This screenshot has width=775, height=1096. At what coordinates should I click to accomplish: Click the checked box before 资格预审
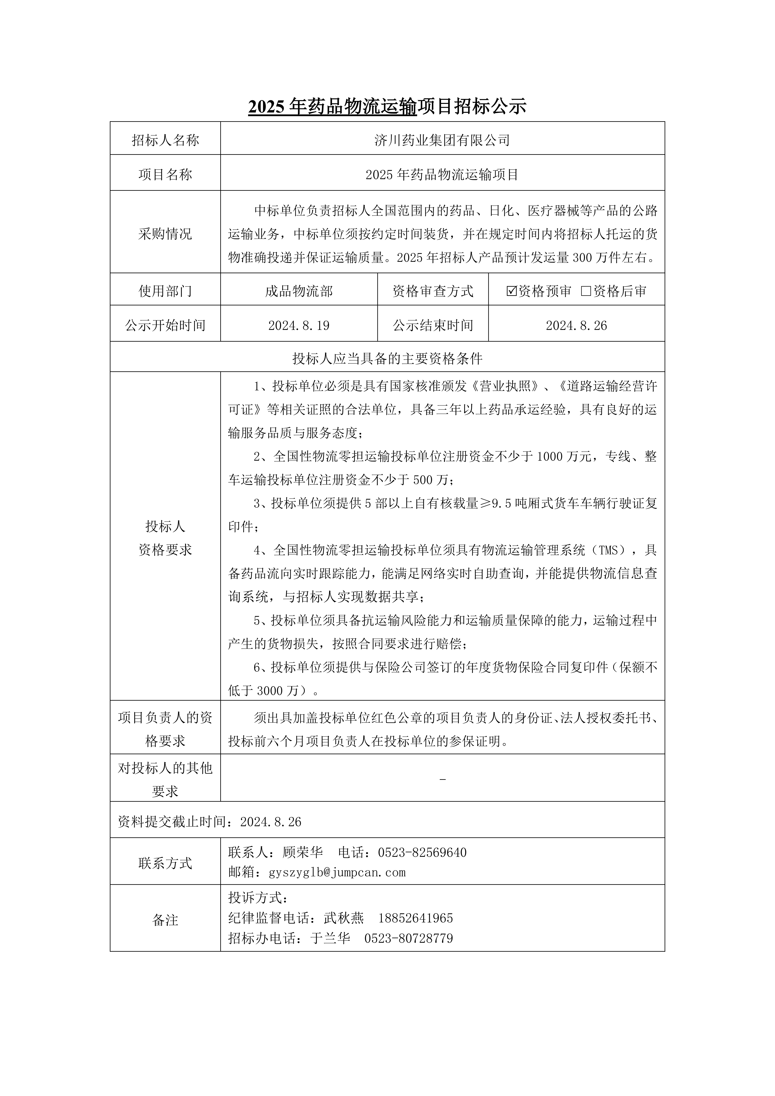tap(511, 291)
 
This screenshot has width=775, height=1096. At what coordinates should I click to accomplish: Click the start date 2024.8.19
tap(299, 326)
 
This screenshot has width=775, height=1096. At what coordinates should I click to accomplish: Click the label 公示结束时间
tap(433, 326)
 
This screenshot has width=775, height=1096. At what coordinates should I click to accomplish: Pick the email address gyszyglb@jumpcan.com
tap(337, 872)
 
